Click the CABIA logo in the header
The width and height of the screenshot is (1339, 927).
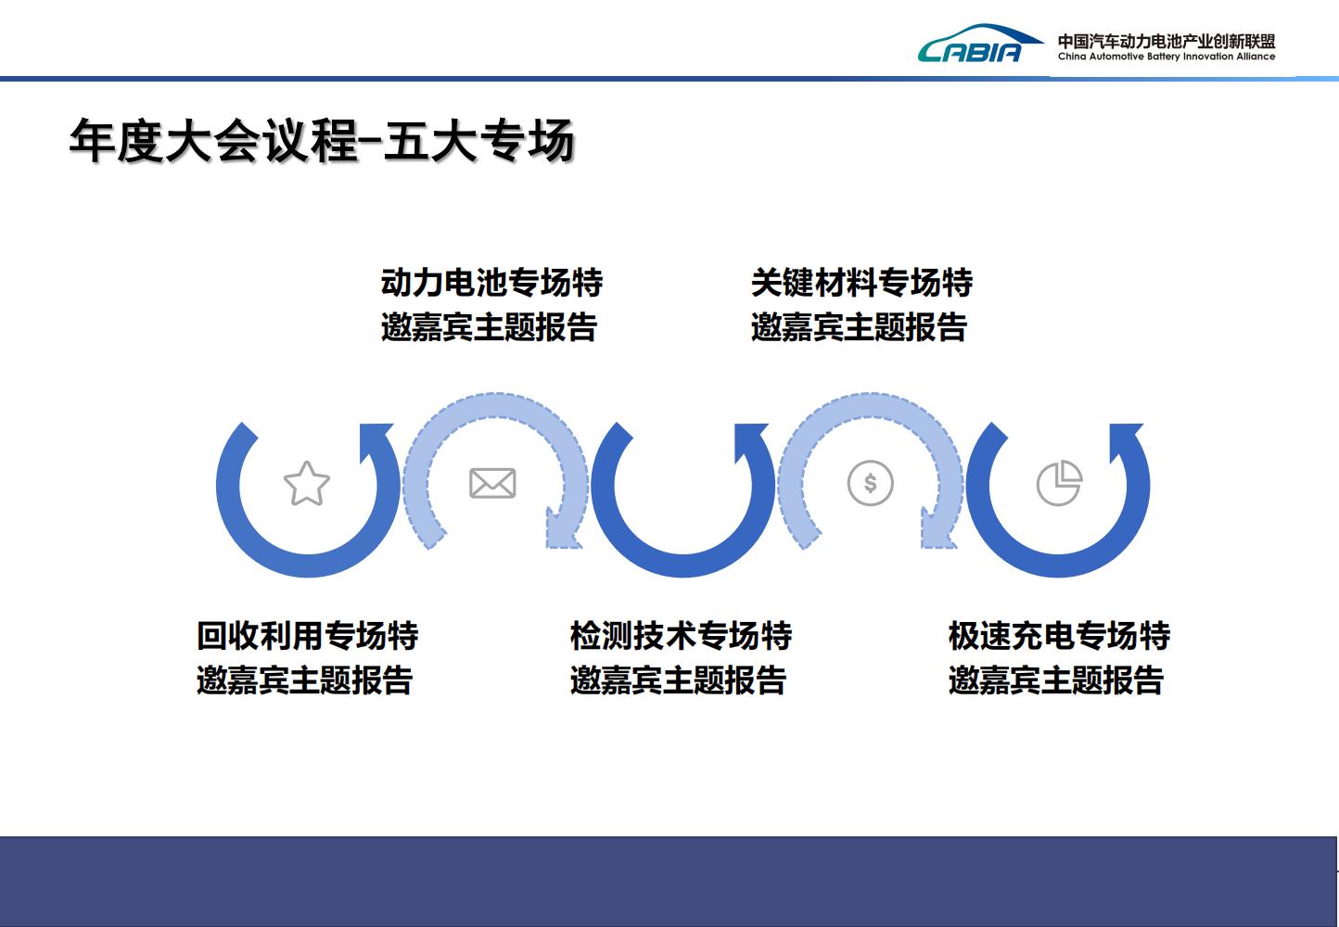(x=980, y=44)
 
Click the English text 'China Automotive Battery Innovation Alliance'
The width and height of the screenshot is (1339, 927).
(x=1167, y=57)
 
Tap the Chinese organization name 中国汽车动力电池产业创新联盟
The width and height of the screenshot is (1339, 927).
(x=1167, y=41)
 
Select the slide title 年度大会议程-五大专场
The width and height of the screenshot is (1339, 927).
(x=322, y=141)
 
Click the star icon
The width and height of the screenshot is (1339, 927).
(x=307, y=484)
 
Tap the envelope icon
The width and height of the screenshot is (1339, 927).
(x=492, y=483)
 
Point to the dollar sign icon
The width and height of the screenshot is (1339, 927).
(x=871, y=483)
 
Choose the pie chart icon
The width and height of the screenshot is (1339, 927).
(x=1059, y=483)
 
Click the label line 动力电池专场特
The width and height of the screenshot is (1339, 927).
(x=492, y=282)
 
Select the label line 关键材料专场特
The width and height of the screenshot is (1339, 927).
(x=862, y=282)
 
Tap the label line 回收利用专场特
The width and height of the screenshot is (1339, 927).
(x=307, y=635)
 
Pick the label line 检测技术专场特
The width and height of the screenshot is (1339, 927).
(x=681, y=635)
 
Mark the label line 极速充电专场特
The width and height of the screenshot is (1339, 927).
(x=1059, y=635)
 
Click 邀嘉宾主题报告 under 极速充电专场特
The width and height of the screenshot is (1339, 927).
(x=1056, y=680)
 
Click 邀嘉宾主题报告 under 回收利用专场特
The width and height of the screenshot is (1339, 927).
(x=305, y=680)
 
